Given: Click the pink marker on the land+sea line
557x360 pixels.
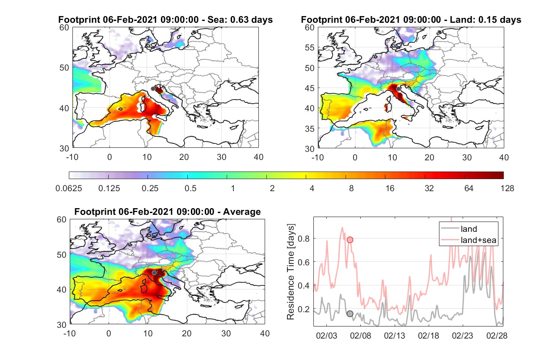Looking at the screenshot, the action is pyautogui.click(x=350, y=240).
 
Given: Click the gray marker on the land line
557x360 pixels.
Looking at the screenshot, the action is pyautogui.click(x=350, y=314).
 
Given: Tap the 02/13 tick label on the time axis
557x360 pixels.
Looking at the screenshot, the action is pyautogui.click(x=394, y=335).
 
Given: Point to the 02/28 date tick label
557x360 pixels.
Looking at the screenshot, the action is pyautogui.click(x=497, y=335).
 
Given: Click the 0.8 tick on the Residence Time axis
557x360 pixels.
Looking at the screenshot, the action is pyautogui.click(x=304, y=239).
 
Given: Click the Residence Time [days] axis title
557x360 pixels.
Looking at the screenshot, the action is pyautogui.click(x=291, y=272).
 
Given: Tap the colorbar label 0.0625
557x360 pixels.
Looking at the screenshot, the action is pyautogui.click(x=69, y=188).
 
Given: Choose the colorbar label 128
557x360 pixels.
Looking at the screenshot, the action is pyautogui.click(x=507, y=188).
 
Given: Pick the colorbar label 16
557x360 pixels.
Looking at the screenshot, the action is pyautogui.click(x=390, y=188).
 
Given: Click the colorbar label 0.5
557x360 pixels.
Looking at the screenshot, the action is pyautogui.click(x=190, y=188).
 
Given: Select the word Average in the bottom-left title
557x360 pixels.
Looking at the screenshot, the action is pyautogui.click(x=242, y=212).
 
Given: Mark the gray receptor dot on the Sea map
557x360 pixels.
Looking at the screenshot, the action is pyautogui.click(x=153, y=89).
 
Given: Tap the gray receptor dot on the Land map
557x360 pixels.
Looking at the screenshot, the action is pyautogui.click(x=398, y=89).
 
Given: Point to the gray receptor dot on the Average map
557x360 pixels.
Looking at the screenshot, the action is pyautogui.click(x=154, y=273).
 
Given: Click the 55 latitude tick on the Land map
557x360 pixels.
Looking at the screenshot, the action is pyautogui.click(x=310, y=47).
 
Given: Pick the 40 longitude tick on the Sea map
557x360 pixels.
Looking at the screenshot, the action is pyautogui.click(x=258, y=157).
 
